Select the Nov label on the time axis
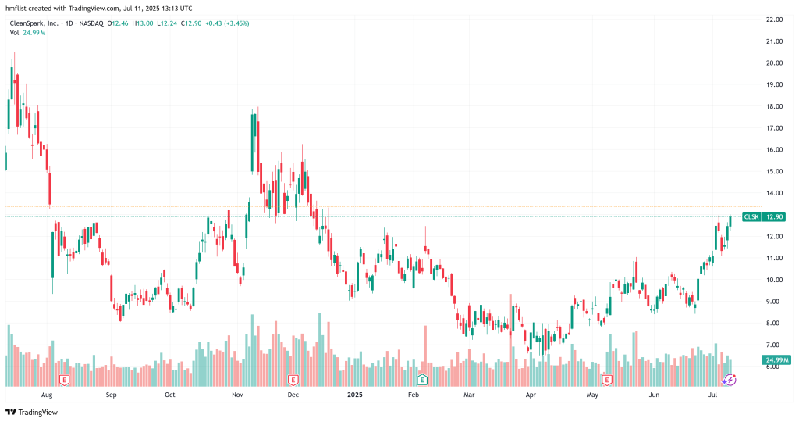coord(238,395)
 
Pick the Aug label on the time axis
coord(46,395)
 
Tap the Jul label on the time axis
coord(713,395)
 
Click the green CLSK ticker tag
coord(751,216)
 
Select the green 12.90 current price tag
coord(772,216)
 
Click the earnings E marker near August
coord(64,380)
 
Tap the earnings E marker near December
coord(293,380)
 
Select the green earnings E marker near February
coord(422,380)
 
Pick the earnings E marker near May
coord(607,380)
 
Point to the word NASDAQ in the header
coord(94,23)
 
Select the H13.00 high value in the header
coord(144,23)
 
